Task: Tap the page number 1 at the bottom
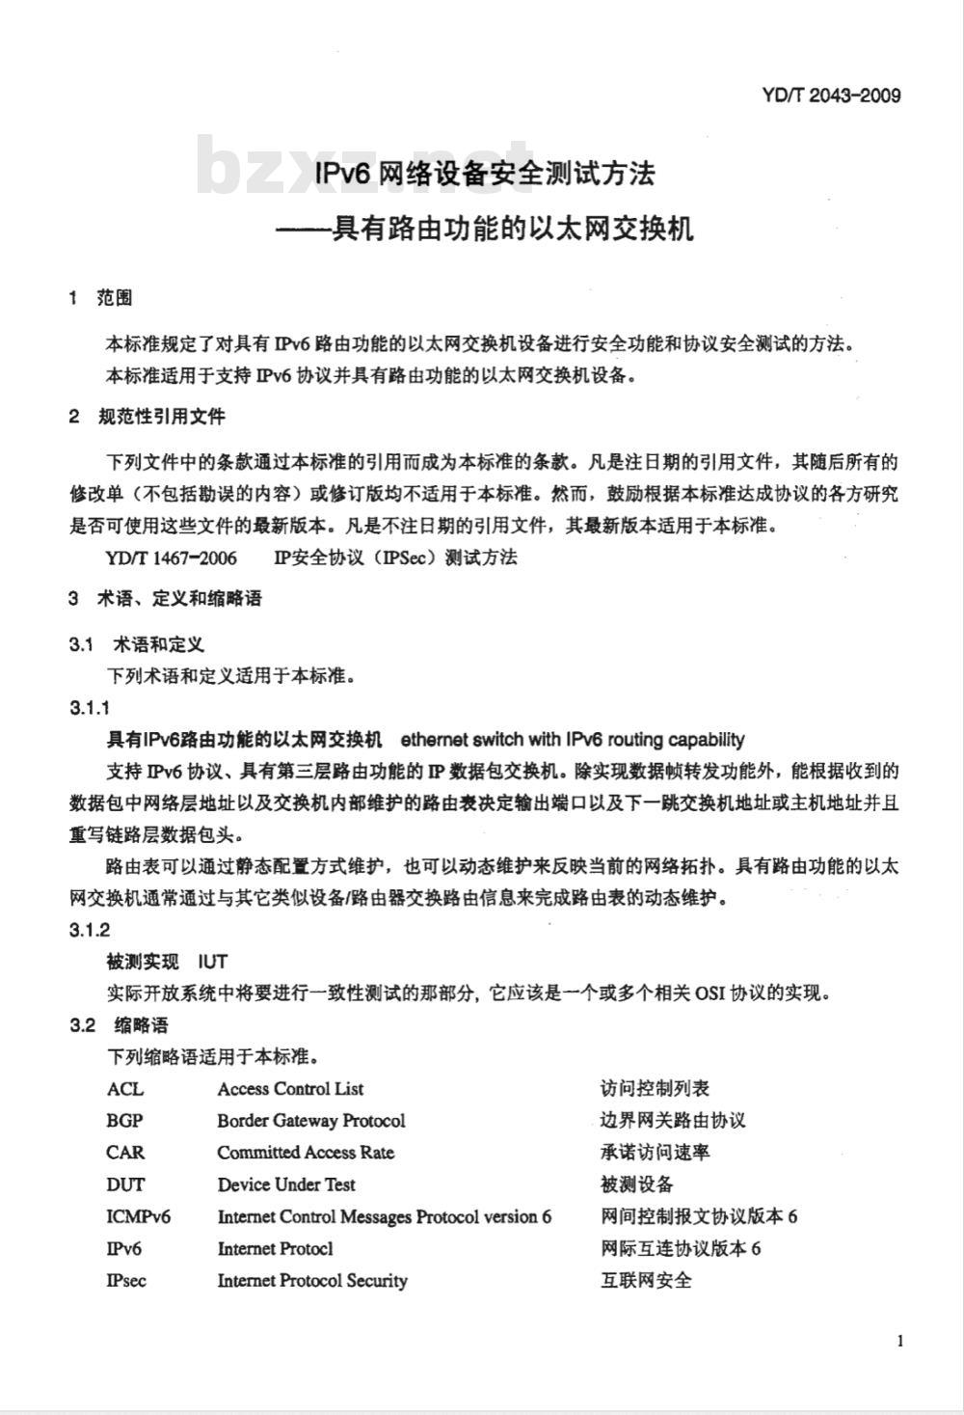click(899, 1340)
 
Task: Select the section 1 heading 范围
click(115, 298)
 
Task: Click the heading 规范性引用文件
click(162, 417)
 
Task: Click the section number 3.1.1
click(90, 708)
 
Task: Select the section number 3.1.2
click(90, 929)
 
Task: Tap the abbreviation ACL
click(125, 1088)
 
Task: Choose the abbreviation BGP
click(125, 1120)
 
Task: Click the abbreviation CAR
click(125, 1152)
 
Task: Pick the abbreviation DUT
click(125, 1184)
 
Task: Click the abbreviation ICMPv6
click(138, 1216)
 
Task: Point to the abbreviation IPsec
click(126, 1280)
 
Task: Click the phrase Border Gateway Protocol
click(310, 1120)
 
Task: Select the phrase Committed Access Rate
click(305, 1152)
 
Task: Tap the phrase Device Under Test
click(285, 1184)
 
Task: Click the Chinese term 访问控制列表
click(655, 1088)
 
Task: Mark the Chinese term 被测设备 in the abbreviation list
click(636, 1184)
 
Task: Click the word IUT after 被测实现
click(212, 961)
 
